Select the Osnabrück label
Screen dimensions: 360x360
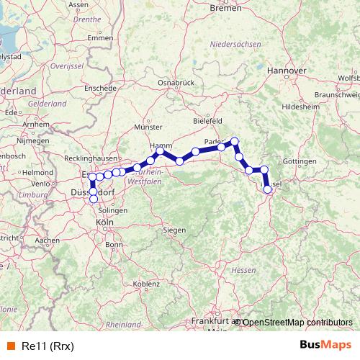click(x=177, y=83)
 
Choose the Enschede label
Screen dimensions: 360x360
click(x=101, y=88)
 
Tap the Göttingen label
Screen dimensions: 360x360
click(x=300, y=162)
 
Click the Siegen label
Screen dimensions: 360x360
click(x=175, y=230)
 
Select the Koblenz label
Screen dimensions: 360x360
click(x=146, y=284)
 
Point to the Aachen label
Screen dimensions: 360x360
click(x=47, y=240)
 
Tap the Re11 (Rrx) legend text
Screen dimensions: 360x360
click(x=48, y=345)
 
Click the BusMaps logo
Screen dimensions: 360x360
click(x=325, y=344)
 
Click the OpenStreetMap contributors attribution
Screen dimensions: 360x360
click(x=297, y=322)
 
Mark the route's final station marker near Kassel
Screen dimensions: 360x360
click(x=268, y=189)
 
